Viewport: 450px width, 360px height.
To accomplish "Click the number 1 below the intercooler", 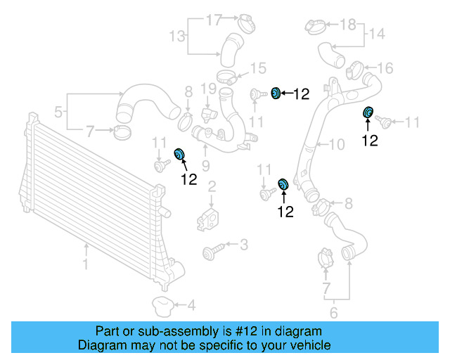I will pos(86,266).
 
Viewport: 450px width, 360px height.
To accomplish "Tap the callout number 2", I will pos(211,186).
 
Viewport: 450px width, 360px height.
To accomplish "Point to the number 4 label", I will pos(191,305).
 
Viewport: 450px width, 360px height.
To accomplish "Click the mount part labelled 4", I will pos(162,307).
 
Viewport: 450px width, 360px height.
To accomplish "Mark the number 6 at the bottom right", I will pos(334,313).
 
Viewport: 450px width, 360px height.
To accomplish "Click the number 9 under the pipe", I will pos(206,166).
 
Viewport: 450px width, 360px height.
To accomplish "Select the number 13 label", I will pos(177,35).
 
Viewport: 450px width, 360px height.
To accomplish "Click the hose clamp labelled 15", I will pos(226,77).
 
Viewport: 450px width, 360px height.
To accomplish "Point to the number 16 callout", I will pos(385,68).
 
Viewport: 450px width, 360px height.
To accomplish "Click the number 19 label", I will pos(207,89).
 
